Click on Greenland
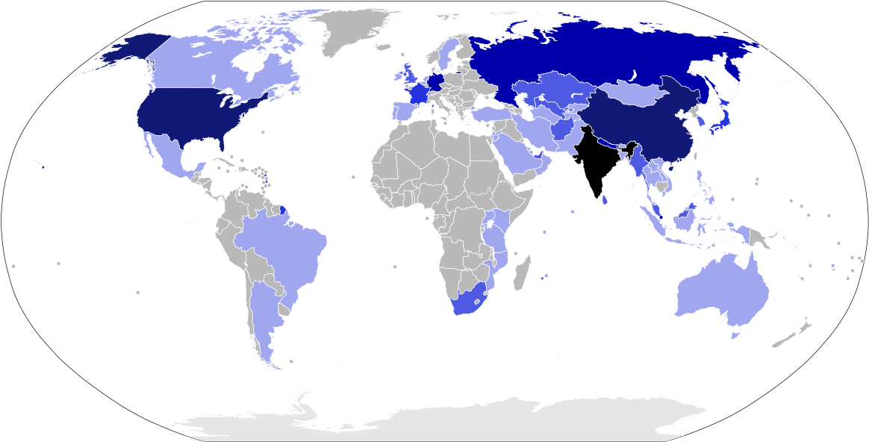(351, 30)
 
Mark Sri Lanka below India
(605, 199)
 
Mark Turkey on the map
(489, 114)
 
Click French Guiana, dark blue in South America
(283, 211)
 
